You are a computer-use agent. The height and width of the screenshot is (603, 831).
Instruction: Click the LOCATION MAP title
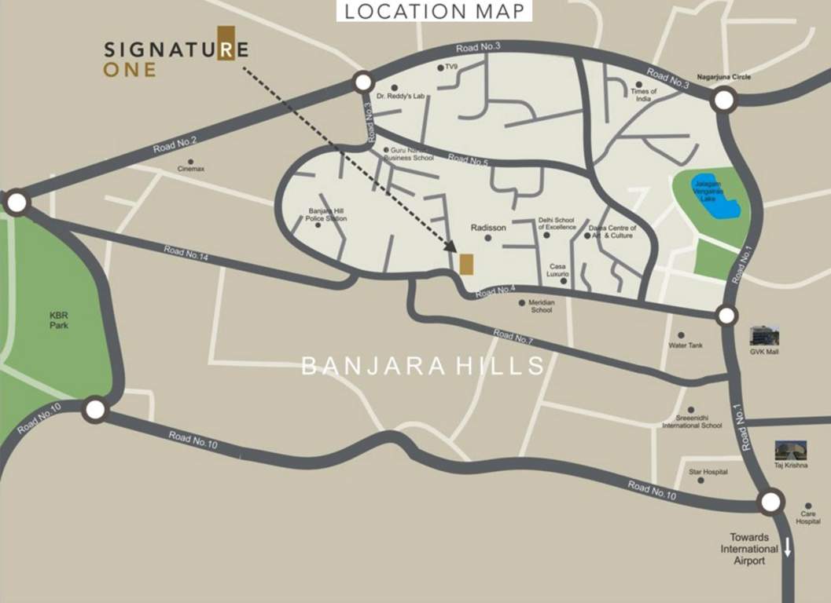coord(434,11)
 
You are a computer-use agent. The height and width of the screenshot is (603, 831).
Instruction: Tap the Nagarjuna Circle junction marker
coord(723,100)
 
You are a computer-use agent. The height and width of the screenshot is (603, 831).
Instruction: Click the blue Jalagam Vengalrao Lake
coord(714,196)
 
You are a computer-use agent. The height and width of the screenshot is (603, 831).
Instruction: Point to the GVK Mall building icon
coord(764,336)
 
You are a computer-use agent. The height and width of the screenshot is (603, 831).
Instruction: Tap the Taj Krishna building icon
coord(790,451)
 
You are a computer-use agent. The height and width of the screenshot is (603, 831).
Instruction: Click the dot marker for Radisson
coord(488,237)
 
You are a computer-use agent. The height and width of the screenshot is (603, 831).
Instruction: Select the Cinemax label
coord(191,169)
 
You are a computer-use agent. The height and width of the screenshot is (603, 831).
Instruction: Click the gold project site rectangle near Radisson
coord(466,265)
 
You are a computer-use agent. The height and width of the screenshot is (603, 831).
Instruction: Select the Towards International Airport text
coord(749,549)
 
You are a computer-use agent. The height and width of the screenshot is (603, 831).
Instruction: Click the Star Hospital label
coord(708,472)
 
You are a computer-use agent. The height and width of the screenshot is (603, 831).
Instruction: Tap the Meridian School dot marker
coord(521,302)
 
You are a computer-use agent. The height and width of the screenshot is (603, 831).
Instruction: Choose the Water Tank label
coord(686,345)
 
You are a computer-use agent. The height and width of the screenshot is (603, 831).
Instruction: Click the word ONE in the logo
coord(129,70)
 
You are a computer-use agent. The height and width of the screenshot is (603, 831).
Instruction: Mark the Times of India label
coord(643,95)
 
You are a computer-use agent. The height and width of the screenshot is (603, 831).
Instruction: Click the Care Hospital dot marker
coord(808,505)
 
